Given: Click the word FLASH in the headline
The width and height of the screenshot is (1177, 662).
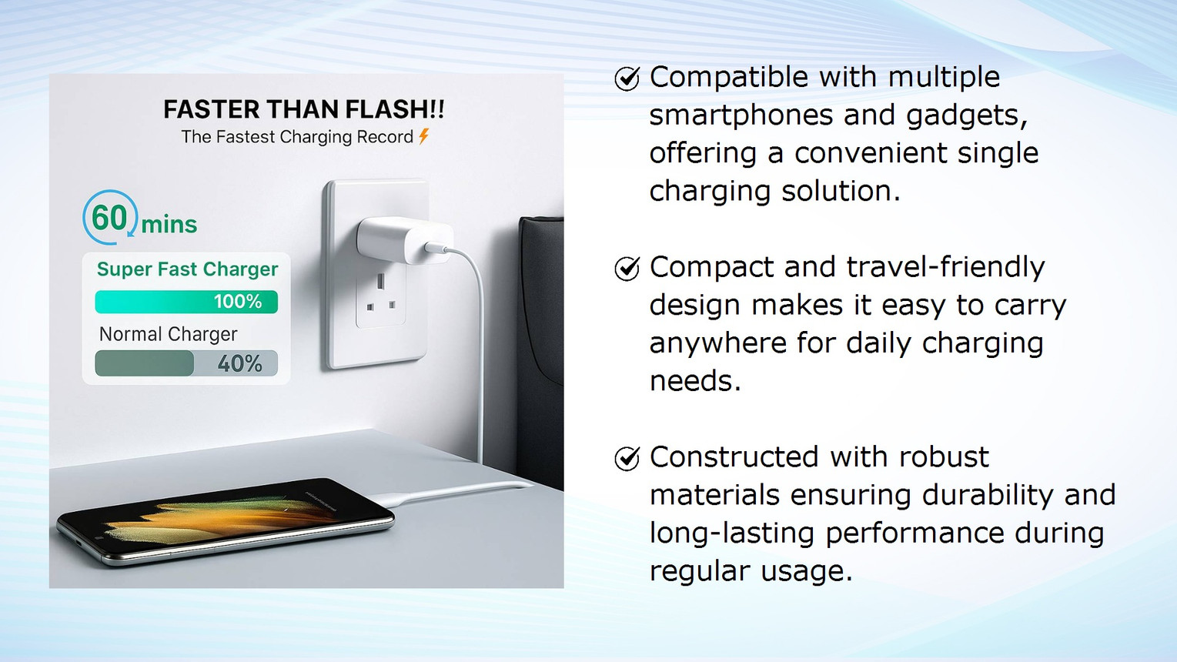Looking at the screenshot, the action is pos(386,109).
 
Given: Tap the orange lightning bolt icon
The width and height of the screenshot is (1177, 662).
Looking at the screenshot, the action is pos(424,136).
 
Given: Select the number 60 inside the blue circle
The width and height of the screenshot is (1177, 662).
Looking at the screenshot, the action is pos(109,218).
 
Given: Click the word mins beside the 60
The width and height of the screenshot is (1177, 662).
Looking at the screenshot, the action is pos(169,225).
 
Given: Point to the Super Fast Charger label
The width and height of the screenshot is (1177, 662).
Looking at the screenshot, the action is pos(187,269).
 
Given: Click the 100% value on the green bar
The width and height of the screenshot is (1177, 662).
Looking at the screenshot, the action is pos(238,302).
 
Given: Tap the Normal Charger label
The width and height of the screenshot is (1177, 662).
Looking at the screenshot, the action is pos(168,334).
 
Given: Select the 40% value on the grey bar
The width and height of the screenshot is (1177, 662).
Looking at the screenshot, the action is pos(239,363).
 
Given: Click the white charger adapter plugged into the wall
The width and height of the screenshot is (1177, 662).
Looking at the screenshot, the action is pos(405,242).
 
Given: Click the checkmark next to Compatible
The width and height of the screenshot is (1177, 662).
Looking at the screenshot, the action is pos(627,79).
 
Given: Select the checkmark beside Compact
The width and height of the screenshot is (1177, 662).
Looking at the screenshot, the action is pos(627,269).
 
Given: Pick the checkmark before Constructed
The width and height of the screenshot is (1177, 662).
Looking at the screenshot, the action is pos(627,458).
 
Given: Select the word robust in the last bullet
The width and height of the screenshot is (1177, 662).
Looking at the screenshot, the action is pos(944,456).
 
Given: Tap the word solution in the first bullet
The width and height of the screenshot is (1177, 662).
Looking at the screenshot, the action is pos(841,190).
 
